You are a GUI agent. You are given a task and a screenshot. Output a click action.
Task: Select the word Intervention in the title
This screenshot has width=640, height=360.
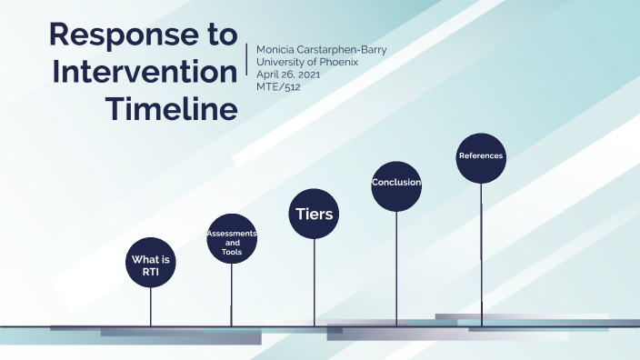click(x=144, y=72)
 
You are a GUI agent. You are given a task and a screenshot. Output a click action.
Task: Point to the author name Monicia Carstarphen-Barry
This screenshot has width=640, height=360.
click(x=322, y=49)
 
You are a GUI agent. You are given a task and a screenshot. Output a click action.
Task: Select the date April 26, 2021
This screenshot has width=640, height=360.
click(x=288, y=75)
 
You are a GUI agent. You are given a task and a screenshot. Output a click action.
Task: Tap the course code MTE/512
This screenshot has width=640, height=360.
click(x=276, y=87)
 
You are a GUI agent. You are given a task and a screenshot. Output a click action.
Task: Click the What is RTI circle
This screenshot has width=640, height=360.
click(x=150, y=263)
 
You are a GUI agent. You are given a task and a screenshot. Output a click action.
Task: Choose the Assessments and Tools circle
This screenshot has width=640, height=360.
click(x=232, y=239)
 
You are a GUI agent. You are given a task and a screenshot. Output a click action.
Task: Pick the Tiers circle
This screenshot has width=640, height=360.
click(x=315, y=215)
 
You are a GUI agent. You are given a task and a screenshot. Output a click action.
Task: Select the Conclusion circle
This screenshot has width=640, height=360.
click(x=396, y=184)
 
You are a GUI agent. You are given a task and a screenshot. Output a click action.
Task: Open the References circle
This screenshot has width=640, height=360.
click(x=481, y=157)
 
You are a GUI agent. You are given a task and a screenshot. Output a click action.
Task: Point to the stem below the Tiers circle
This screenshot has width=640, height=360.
click(x=315, y=282)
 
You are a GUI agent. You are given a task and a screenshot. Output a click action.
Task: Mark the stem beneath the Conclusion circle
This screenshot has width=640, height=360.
click(x=396, y=268)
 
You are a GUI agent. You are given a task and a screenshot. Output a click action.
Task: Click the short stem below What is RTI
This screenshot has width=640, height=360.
click(x=150, y=306)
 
